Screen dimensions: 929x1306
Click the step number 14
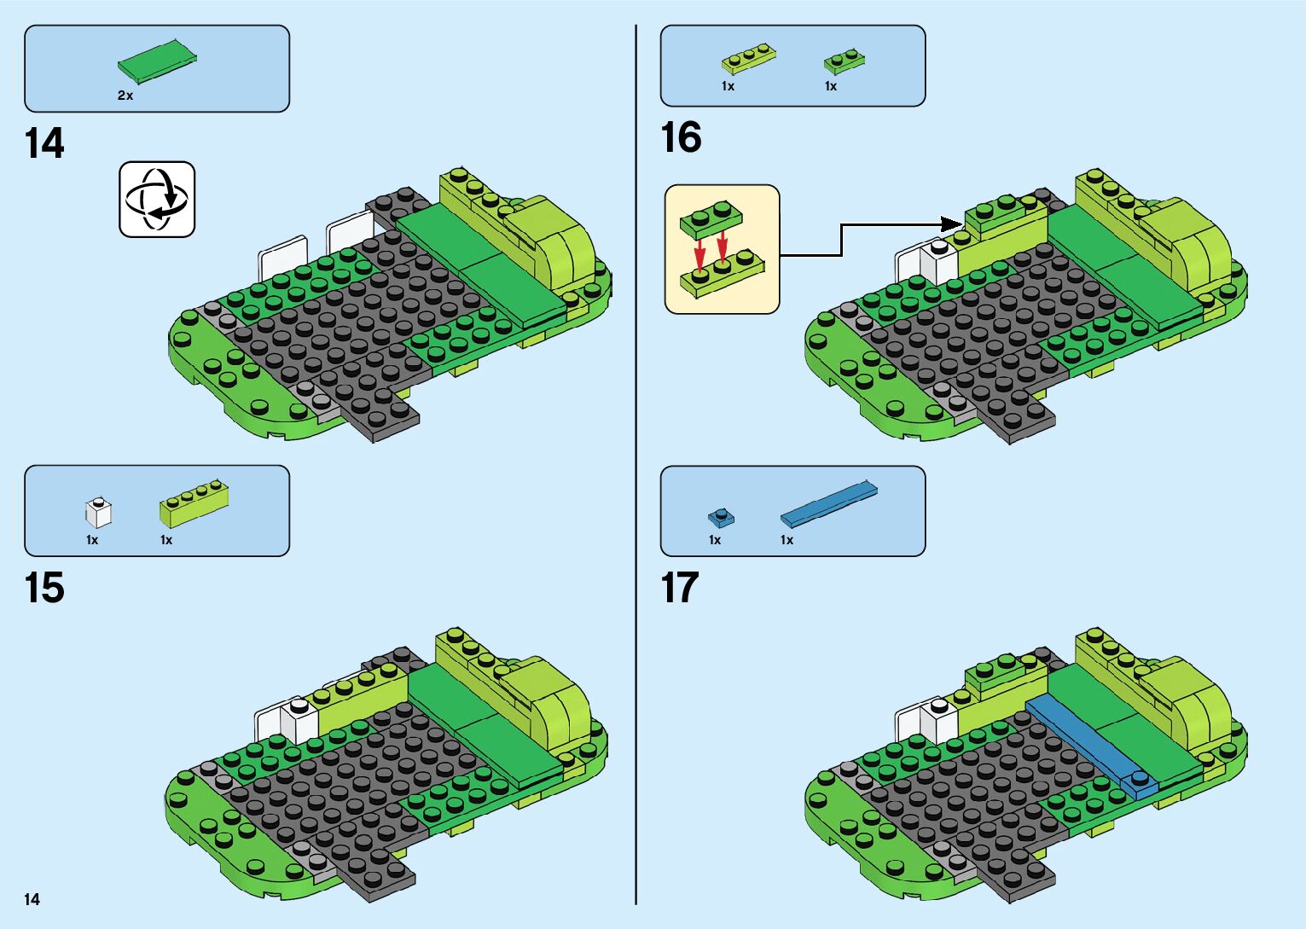[44, 143]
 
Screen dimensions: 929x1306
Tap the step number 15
[44, 588]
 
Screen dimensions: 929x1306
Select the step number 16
[681, 137]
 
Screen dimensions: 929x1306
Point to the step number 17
[680, 588]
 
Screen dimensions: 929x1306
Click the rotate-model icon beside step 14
[157, 199]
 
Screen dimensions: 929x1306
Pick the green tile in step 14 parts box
[157, 60]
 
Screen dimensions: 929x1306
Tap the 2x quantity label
[125, 96]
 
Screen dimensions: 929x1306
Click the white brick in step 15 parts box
[98, 512]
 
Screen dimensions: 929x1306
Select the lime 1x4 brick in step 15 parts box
[194, 504]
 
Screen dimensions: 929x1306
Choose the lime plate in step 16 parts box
[748, 58]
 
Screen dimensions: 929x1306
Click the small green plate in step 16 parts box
[844, 61]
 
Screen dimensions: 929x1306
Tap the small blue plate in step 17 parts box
[721, 517]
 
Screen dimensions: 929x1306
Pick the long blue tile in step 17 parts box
[828, 503]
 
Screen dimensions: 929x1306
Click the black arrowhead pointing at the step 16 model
[952, 224]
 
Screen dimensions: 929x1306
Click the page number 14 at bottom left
[32, 899]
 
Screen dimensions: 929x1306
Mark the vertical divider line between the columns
[636, 464]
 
